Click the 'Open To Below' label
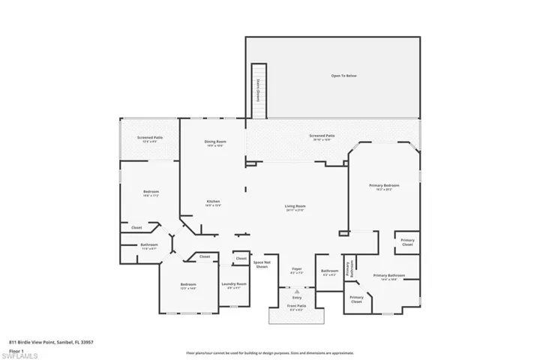(x=343, y=76)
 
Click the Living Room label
(x=295, y=207)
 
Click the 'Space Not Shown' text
(x=262, y=264)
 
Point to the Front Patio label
(x=297, y=306)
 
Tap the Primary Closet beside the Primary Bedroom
(x=407, y=242)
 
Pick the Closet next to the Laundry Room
(x=241, y=258)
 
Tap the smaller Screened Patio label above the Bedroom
(x=150, y=138)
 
